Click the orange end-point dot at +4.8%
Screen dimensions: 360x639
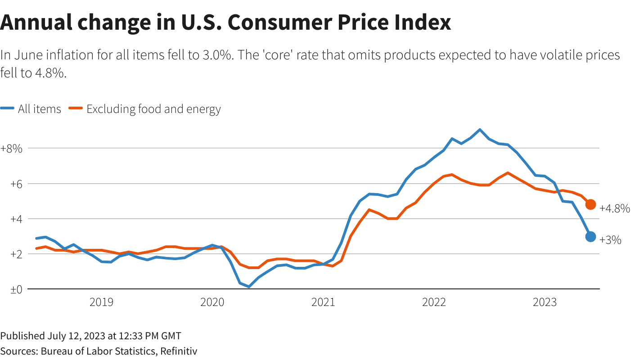(590, 205)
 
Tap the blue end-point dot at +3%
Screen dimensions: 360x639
(590, 237)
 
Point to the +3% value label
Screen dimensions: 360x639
(610, 240)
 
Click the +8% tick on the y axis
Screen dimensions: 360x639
(11, 148)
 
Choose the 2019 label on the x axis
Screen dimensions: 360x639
(101, 302)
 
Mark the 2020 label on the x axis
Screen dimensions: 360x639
(212, 302)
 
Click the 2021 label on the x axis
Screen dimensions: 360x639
(323, 302)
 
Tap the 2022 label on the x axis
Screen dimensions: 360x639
(434, 302)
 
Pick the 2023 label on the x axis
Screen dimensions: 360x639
(544, 302)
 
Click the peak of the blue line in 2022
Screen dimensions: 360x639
(480, 130)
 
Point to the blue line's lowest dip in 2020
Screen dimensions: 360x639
(249, 287)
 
